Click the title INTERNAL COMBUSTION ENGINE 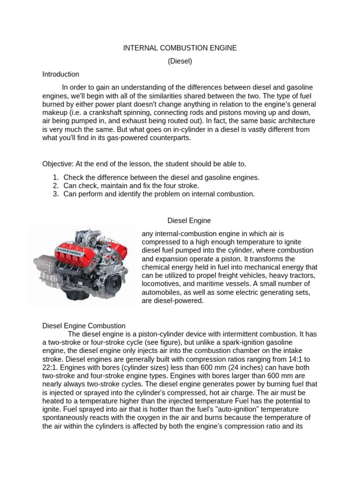pos(180,48)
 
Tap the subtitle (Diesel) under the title pos(180,61)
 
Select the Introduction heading pos(60,74)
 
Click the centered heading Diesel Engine pos(189,220)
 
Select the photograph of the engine pos(82,265)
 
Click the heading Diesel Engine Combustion pos(84,325)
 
